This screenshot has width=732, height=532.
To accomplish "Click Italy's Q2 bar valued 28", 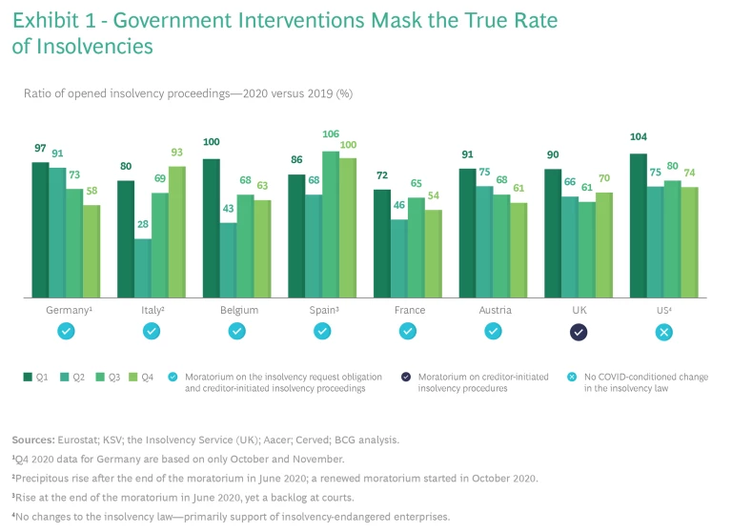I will tap(143, 268).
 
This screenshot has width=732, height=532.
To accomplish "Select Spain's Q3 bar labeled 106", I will tap(331, 225).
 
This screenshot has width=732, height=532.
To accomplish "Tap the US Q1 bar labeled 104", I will tap(638, 226).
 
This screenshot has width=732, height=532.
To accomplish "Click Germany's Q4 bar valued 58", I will tap(91, 252).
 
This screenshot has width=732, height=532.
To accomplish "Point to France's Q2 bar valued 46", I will tap(398, 258).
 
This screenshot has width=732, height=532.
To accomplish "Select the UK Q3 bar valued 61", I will tap(586, 250).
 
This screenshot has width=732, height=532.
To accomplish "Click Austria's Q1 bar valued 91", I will tap(467, 234).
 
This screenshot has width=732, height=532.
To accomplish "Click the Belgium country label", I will tap(236, 310).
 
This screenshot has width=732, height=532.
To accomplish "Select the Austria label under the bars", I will tap(494, 310).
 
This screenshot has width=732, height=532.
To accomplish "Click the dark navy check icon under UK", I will tap(579, 332).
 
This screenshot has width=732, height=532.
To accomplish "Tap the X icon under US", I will tap(664, 332).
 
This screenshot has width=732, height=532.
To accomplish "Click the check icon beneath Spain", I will tap(322, 332).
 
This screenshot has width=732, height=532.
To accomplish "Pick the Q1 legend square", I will tap(28, 377).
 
